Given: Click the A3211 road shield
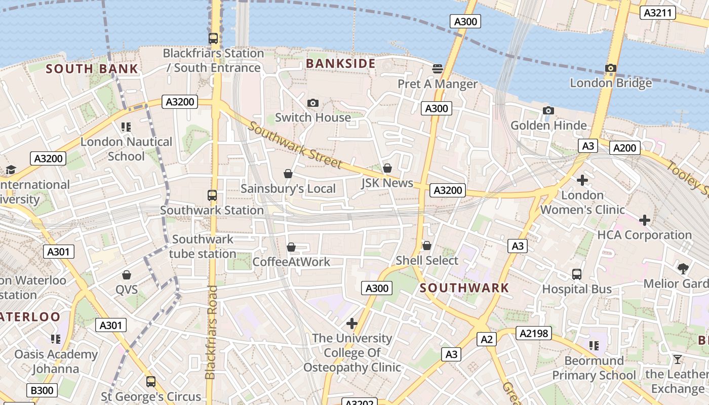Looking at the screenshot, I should (658, 13).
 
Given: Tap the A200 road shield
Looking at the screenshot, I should (624, 148).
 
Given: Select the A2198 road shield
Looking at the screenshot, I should (533, 333).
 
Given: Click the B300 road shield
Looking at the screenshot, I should (42, 390).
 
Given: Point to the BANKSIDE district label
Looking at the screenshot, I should (341, 63).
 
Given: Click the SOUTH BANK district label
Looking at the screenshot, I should (92, 69).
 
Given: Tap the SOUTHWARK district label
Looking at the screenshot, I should (464, 288).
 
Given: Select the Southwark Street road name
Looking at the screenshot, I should (295, 145).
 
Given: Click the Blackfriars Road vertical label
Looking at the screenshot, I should (211, 332).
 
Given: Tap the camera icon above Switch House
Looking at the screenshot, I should (313, 103).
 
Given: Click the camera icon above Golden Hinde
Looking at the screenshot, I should (548, 110).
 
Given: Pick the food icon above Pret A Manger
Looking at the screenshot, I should (438, 68).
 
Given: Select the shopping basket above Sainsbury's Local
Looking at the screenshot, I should (288, 174).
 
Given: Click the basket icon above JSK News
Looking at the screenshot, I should (387, 168).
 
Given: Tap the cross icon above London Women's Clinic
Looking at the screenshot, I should (582, 180).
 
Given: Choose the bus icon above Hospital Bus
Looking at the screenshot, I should (576, 274).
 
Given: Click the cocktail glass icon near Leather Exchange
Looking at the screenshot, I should (678, 359).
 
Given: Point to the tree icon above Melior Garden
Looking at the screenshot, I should (683, 268).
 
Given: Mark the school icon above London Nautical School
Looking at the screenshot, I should (126, 127).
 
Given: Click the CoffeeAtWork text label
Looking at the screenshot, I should (291, 262).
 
